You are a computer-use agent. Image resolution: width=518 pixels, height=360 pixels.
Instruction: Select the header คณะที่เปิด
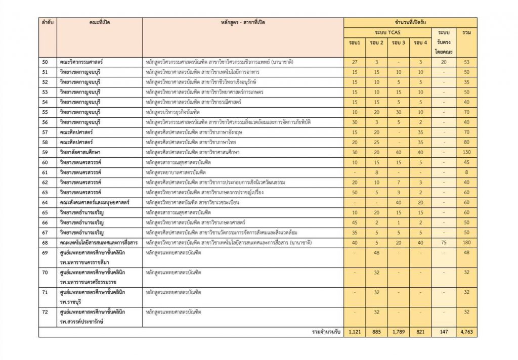coord(100,23)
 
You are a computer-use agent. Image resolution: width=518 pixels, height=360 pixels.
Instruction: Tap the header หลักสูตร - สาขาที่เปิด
coord(243,23)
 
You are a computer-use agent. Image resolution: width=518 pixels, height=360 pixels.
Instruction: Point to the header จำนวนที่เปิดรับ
coord(410,23)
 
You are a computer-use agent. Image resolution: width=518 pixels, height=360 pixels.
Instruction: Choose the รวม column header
coord(466,32)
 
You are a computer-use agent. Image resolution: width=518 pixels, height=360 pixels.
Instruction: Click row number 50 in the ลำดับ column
coord(45,62)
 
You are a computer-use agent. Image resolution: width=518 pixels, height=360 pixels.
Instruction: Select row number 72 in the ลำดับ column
coord(45,312)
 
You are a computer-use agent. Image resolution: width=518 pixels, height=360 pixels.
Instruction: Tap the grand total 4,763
coord(466,332)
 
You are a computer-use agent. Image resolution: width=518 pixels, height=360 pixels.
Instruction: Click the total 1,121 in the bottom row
coord(355,332)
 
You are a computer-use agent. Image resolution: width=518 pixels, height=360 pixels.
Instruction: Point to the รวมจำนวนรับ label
coord(326,332)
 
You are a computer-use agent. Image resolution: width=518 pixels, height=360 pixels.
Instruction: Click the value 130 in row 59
coord(466,152)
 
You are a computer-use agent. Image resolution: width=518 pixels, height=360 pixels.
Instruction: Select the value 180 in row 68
coord(466,243)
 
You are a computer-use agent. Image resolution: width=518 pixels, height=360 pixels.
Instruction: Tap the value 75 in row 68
coord(444,243)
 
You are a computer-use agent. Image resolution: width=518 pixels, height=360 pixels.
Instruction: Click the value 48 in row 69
coord(376,252)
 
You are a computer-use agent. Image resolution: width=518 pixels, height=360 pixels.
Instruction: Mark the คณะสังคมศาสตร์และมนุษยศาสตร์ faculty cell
coord(94,202)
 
